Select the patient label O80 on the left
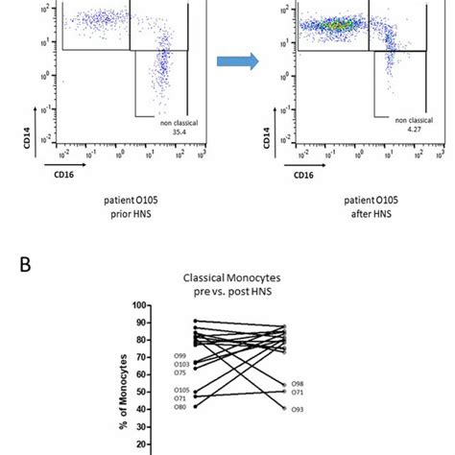181,407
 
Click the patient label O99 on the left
181,356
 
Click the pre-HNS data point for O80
196,406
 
